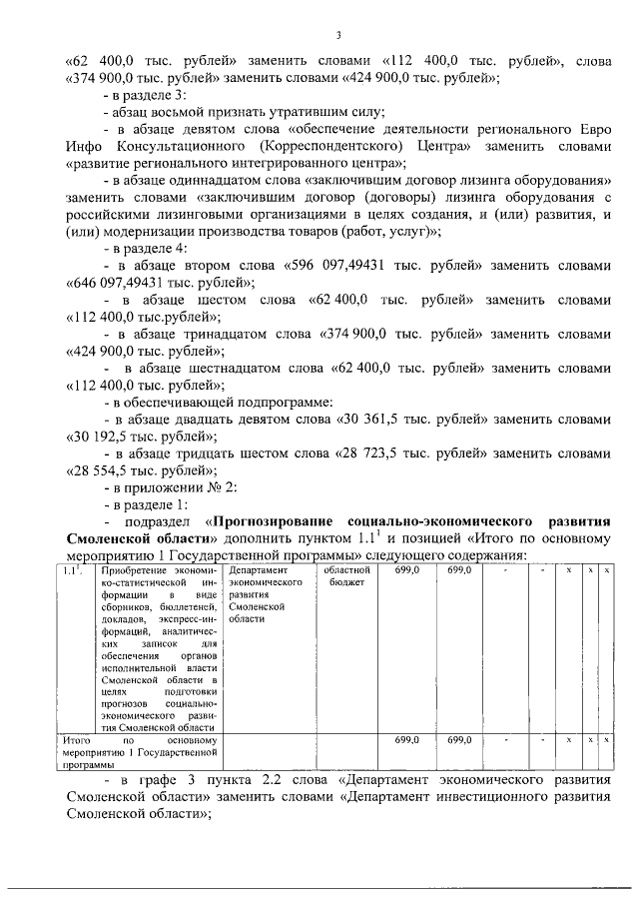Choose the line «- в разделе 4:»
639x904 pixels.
tap(144, 248)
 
